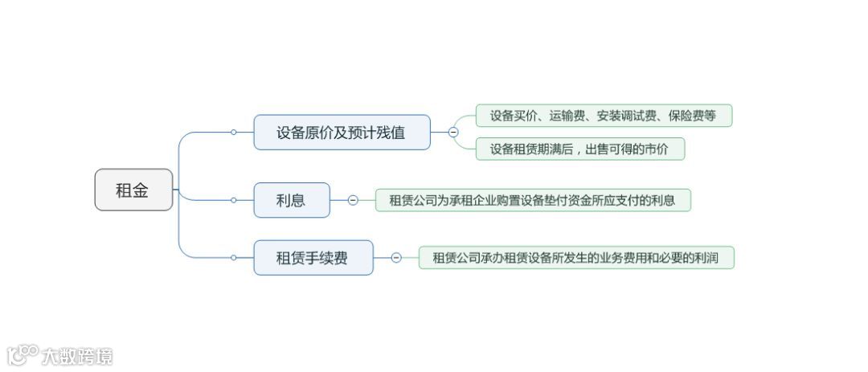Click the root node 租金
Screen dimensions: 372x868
pos(133,190)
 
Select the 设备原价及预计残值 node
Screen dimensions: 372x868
pos(342,133)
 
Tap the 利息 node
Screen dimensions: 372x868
pos(291,200)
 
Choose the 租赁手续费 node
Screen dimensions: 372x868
pos(313,258)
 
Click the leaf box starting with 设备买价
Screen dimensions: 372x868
pos(603,116)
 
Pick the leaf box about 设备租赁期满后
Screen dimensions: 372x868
pos(579,149)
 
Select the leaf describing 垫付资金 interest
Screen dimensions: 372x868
pos(532,200)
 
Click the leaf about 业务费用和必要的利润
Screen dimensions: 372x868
pos(575,258)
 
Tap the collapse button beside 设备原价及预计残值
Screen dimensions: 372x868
pos(453,133)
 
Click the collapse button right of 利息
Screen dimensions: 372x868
pos(353,200)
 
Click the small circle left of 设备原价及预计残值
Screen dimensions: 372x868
pos(233,133)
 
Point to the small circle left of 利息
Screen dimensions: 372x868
pos(233,200)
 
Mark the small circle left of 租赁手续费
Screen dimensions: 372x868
pos(233,258)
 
